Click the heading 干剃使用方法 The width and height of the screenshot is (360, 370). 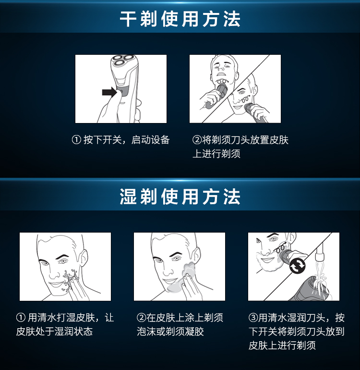tap(180, 19)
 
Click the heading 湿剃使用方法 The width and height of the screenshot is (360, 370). tap(180, 197)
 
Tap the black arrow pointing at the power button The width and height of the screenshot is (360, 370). tap(109, 92)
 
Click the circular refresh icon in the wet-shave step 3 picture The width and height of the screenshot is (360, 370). tap(297, 266)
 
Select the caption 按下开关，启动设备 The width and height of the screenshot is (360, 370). tap(126, 140)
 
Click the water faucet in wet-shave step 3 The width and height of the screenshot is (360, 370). tap(320, 251)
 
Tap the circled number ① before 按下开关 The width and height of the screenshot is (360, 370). tap(76, 140)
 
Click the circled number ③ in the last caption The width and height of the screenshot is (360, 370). tap(253, 318)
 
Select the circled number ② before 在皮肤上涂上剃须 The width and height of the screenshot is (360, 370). tap(142, 318)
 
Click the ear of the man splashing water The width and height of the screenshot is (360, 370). tap(83, 258)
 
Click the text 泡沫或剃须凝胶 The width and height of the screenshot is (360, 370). tap(170, 332)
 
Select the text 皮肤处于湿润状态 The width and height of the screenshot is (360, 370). tap(54, 332)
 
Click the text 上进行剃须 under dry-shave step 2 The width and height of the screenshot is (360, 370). tap(216, 154)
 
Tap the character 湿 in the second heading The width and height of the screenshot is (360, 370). tap(128, 197)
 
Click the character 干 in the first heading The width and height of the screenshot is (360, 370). tap(128, 19)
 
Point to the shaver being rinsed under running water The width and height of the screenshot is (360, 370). tap(311, 289)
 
